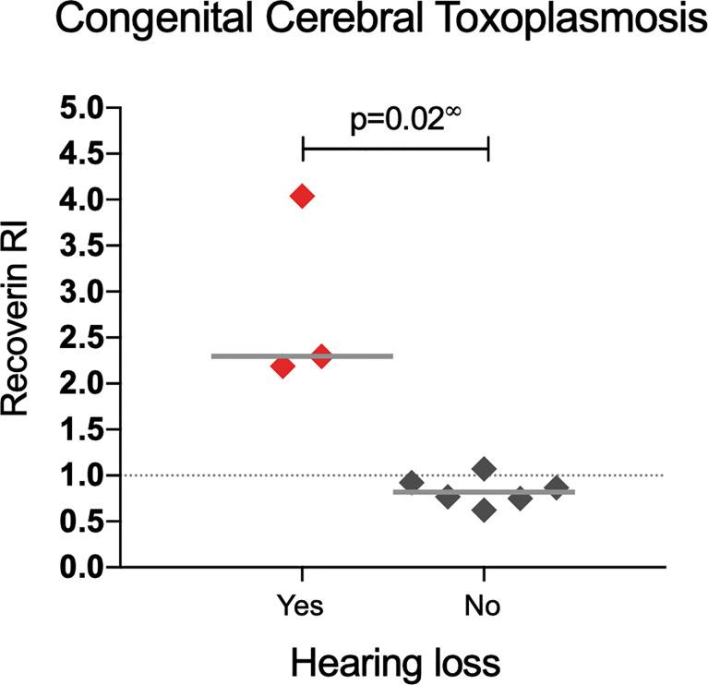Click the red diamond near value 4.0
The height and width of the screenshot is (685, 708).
coord(302,196)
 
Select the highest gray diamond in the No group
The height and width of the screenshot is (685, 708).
coord(484,470)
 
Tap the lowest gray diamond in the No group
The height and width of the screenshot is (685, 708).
coord(484,511)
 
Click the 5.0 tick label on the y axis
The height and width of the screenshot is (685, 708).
coord(80,108)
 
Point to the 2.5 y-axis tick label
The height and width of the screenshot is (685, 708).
coord(80,338)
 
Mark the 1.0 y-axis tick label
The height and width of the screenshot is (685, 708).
coord(80,475)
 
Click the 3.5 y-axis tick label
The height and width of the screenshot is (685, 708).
coord(80,246)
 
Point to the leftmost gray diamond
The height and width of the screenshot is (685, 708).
coord(412,483)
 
